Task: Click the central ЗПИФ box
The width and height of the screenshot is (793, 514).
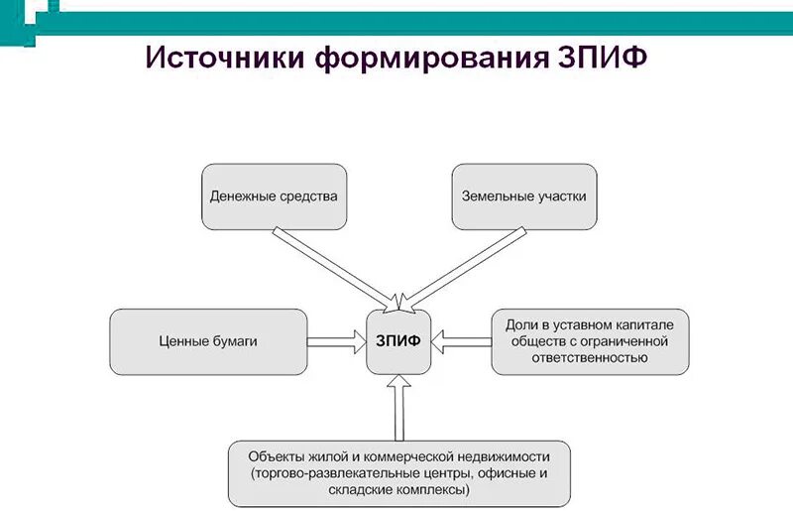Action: (397, 341)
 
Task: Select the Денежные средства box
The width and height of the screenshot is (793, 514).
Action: (274, 195)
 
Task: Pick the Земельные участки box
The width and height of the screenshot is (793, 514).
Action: (523, 195)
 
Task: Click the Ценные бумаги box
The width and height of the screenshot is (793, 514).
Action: (208, 341)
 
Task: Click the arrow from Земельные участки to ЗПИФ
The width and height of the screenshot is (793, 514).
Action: (466, 264)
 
